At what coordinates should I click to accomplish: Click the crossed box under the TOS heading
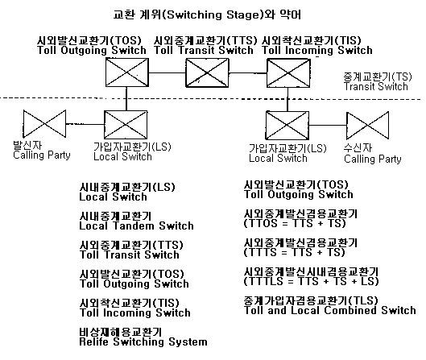pyautogui.click(x=127, y=72)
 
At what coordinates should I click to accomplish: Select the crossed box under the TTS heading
pyautogui.click(x=207, y=72)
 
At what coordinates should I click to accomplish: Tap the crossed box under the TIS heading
pyautogui.click(x=288, y=73)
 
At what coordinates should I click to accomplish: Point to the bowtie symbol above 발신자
pyautogui.click(x=44, y=123)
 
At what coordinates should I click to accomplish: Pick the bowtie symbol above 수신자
pyautogui.click(x=367, y=126)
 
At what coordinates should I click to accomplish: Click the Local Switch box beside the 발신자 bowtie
pyautogui.click(x=126, y=125)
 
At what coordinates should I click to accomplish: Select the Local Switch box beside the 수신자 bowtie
pyautogui.click(x=287, y=126)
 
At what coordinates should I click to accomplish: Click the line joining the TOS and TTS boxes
pyautogui.click(x=167, y=72)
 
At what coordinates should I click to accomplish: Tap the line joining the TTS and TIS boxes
pyautogui.click(x=248, y=73)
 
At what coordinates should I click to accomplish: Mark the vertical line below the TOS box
pyautogui.click(x=126, y=98)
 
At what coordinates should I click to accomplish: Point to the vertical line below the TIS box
pyautogui.click(x=287, y=99)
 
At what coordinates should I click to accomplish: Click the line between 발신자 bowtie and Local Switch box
pyautogui.click(x=85, y=125)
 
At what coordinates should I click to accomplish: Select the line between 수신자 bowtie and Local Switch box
pyautogui.click(x=328, y=126)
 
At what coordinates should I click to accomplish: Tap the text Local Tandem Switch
pyautogui.click(x=136, y=226)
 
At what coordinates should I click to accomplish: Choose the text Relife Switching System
pyautogui.click(x=143, y=341)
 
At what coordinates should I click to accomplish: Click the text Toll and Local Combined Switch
pyautogui.click(x=330, y=310)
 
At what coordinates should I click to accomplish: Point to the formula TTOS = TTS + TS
pyautogui.click(x=295, y=223)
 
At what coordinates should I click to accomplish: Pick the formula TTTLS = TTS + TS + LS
pyautogui.click(x=311, y=281)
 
